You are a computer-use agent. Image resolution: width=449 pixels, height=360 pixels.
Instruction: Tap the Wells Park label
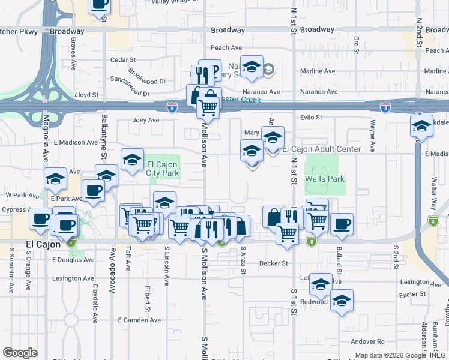pos(324,179)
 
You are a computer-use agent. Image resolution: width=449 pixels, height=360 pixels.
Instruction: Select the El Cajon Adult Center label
pos(321,149)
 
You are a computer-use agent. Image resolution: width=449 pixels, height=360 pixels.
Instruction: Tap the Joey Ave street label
pos(145,120)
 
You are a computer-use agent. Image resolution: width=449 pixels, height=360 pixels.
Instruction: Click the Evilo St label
pos(312,118)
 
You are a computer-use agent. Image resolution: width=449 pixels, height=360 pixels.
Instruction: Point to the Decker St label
pos(274,263)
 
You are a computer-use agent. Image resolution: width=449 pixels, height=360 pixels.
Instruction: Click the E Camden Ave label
pos(137,320)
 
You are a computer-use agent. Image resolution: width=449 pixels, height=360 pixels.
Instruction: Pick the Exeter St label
pos(414,294)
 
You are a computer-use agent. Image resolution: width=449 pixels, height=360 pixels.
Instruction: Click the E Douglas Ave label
pos(73,260)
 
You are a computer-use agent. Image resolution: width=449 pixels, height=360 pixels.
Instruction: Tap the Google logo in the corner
pos(20,353)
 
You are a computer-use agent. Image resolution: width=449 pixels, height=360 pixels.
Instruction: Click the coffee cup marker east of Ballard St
pos(342,224)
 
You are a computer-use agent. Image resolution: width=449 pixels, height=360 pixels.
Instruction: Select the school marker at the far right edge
pos(421,126)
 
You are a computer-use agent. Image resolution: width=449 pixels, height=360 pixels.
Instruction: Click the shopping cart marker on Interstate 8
pos(208,108)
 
